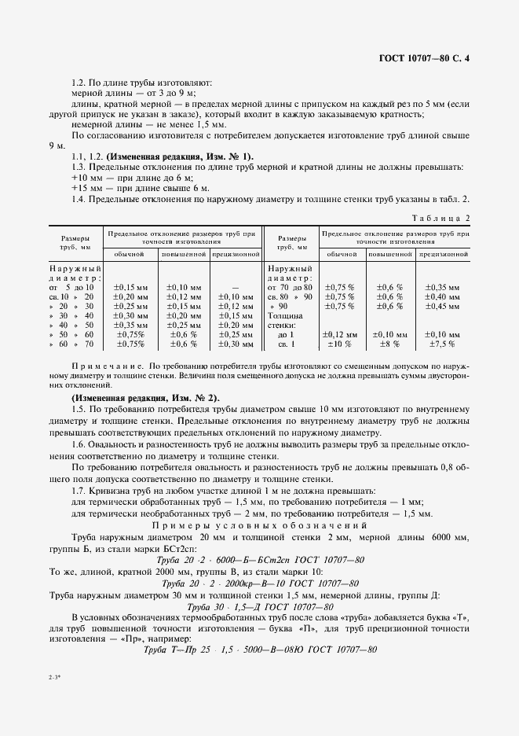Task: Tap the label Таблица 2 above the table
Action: pos(441,218)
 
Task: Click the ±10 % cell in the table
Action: pos(338,344)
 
